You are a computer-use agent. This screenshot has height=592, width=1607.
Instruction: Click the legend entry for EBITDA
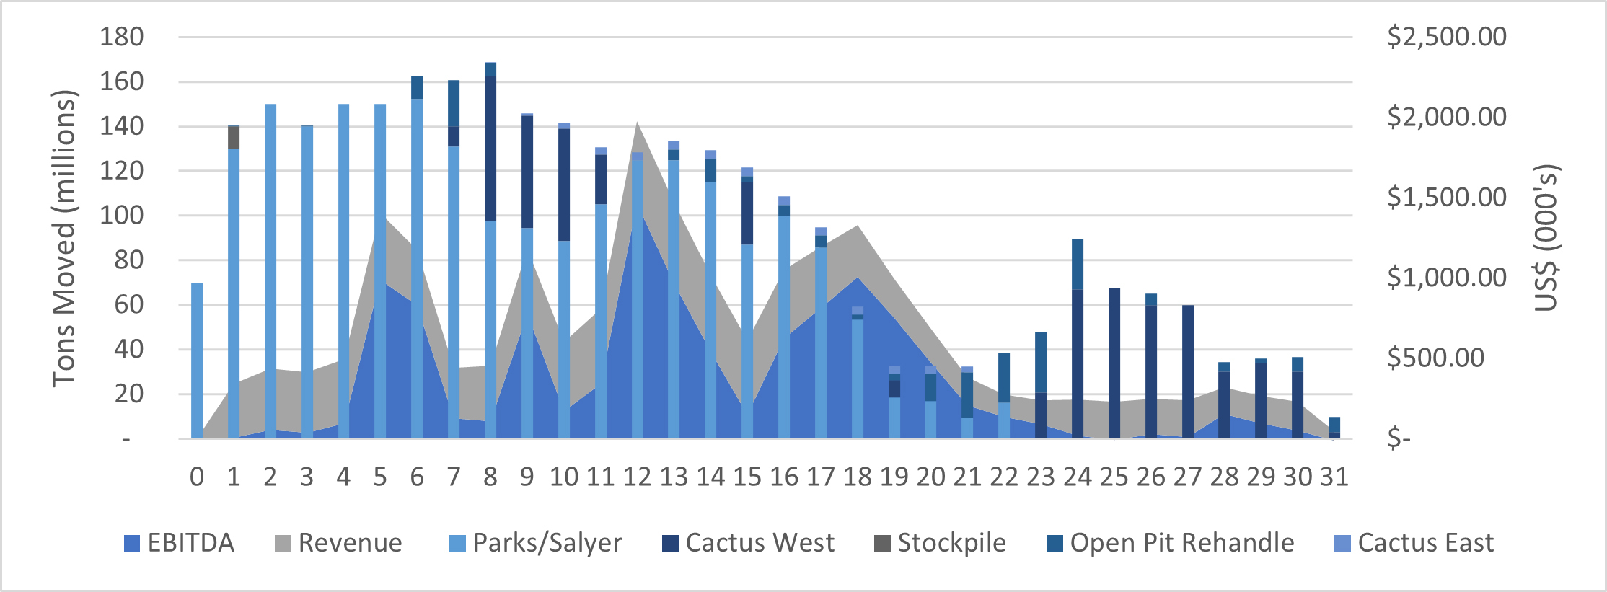[x=180, y=543]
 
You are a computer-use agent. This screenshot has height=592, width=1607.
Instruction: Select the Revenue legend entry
[x=339, y=543]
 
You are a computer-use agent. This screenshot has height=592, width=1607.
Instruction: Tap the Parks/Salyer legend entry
[x=535, y=543]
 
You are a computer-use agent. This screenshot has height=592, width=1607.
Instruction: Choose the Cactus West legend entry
[x=749, y=543]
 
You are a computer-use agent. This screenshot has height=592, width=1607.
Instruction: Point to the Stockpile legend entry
[x=941, y=543]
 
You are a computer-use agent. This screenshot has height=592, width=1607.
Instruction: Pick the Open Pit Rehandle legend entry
[x=1171, y=543]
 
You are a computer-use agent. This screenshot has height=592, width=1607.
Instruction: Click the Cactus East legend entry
[x=1414, y=543]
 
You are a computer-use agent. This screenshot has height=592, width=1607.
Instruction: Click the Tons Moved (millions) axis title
[x=64, y=238]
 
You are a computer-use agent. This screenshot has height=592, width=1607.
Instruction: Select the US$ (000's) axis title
[x=1546, y=238]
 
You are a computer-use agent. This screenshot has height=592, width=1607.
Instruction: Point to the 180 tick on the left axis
[x=122, y=37]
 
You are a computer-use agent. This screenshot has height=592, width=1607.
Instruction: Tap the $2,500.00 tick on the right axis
[x=1446, y=37]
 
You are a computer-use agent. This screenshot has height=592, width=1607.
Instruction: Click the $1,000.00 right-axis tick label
[x=1446, y=278]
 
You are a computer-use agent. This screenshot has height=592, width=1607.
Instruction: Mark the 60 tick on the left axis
[x=128, y=304]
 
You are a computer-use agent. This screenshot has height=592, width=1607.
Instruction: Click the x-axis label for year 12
[x=637, y=477]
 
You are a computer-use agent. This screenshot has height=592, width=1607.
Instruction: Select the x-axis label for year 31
[x=1334, y=477]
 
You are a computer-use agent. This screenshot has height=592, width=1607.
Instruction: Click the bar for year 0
[x=197, y=361]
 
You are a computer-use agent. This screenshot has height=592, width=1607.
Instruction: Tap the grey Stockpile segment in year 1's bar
[x=234, y=137]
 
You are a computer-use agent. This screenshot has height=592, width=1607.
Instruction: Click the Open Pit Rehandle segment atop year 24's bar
[x=1078, y=264]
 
